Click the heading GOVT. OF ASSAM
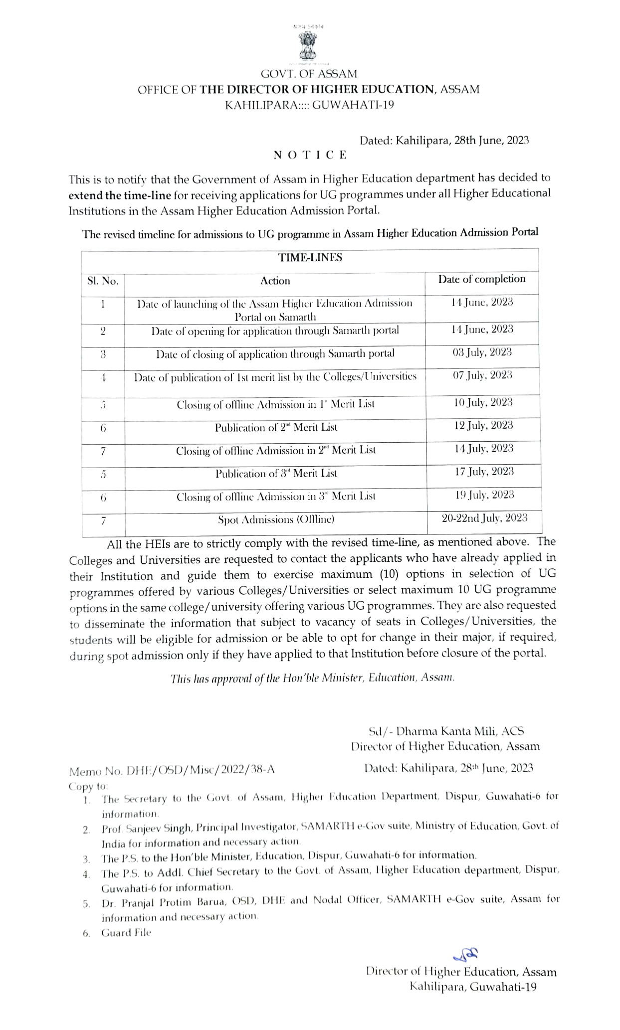(309, 74)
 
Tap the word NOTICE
(310, 155)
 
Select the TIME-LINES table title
(310, 258)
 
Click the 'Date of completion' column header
(481, 279)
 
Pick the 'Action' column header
(275, 281)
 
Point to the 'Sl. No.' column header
(103, 281)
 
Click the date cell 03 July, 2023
(482, 352)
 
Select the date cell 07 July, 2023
(482, 375)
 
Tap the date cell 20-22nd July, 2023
(484, 518)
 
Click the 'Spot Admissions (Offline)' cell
(276, 520)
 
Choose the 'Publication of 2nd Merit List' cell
(276, 428)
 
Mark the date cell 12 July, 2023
(483, 425)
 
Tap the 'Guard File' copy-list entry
(126, 933)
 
